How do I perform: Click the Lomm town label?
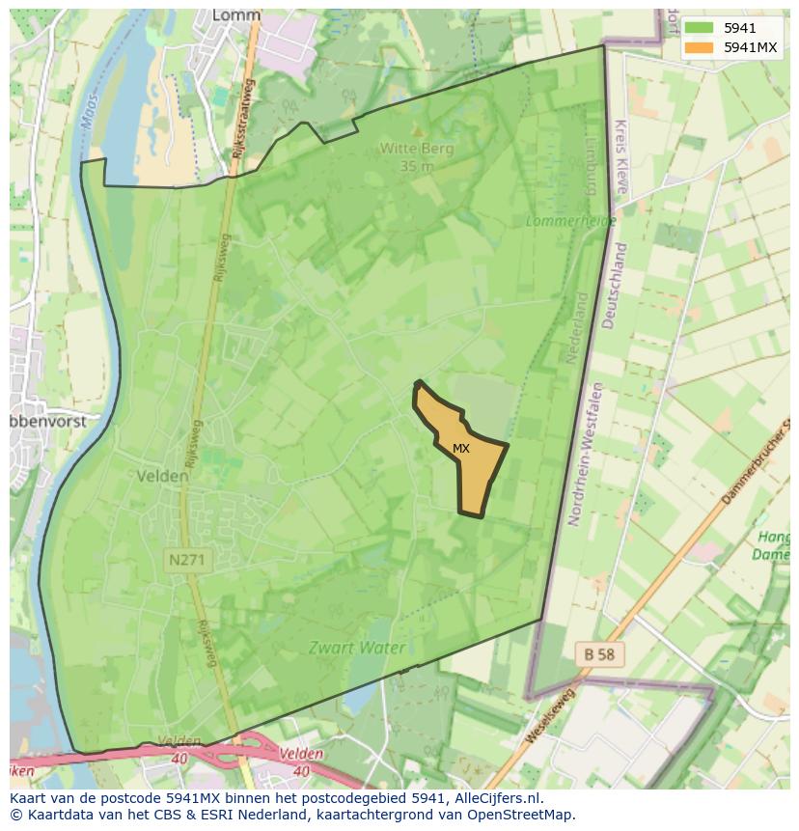pos(235,16)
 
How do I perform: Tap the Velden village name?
pos(162,475)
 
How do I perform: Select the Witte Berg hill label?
pos(416,149)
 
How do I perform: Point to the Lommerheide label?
pos(557,221)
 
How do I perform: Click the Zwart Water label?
pos(356,648)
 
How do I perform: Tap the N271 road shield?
pos(185,560)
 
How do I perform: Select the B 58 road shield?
pos(599,654)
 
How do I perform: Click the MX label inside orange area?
pos(461,449)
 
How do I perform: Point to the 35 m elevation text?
pos(416,165)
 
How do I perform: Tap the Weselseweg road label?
pos(551,715)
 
